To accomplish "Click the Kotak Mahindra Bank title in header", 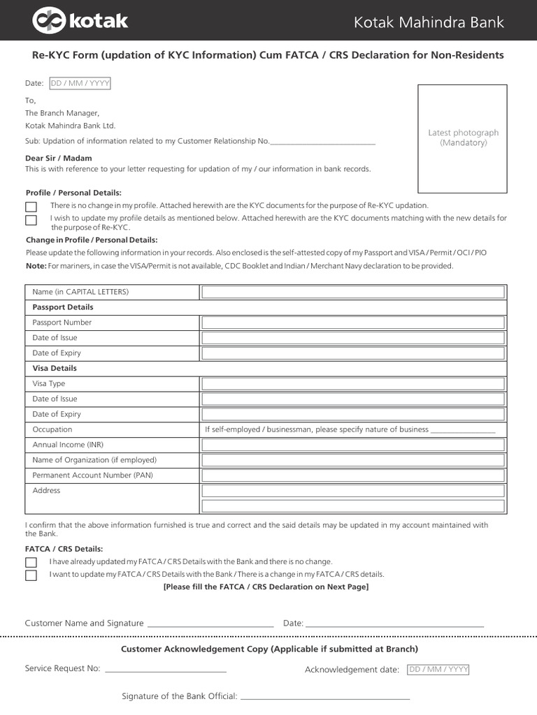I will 429,22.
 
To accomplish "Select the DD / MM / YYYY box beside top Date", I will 80,84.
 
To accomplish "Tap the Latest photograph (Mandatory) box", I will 463,138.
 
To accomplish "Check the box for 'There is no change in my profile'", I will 31,207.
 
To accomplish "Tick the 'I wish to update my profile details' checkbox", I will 31,220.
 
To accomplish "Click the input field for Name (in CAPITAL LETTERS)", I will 353,292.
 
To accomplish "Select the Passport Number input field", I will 353,323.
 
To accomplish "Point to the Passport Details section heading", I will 63,307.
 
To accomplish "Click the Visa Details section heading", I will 55,368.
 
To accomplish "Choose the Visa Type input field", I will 353,384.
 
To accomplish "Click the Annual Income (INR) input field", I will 353,445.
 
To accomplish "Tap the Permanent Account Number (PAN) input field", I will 353,476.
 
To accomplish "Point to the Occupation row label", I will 52,429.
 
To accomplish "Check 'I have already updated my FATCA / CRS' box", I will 31,562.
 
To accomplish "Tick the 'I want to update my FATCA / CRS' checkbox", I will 31,575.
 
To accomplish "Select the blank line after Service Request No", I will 165,670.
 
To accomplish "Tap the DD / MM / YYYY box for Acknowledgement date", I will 438,670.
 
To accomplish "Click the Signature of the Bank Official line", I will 325,697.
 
